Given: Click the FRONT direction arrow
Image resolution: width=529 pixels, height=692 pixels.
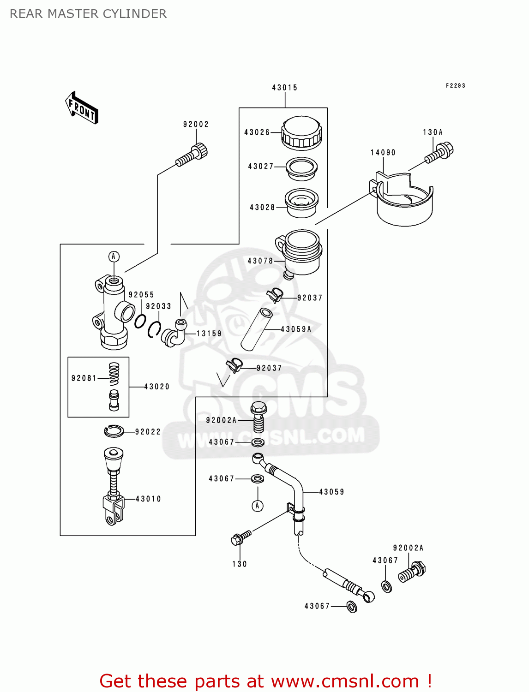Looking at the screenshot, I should click(x=82, y=108).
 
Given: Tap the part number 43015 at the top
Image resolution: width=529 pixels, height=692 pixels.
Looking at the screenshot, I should click(x=284, y=88).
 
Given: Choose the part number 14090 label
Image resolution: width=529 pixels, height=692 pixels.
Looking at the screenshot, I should click(x=383, y=153).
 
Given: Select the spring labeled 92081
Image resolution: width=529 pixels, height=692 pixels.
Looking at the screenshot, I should click(x=114, y=374).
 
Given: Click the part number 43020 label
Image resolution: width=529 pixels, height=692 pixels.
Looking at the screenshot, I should click(x=157, y=387).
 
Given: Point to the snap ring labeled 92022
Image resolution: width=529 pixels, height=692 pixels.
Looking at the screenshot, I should click(x=114, y=431).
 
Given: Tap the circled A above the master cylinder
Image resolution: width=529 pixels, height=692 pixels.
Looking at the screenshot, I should click(x=114, y=257).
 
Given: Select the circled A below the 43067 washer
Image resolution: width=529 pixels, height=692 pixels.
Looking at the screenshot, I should click(x=258, y=506).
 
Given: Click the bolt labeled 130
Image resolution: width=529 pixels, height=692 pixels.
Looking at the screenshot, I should click(x=241, y=538).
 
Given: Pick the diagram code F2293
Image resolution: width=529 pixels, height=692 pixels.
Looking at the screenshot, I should click(x=455, y=86).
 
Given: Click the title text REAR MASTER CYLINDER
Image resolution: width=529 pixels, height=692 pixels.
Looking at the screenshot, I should click(x=88, y=14).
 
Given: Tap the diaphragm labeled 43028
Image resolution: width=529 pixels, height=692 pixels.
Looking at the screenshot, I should click(x=301, y=203).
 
